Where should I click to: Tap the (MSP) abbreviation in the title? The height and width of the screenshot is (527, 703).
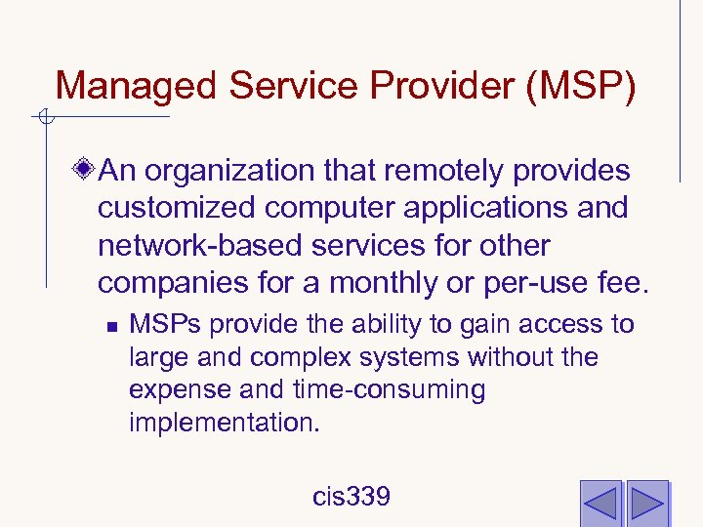pyautogui.click(x=581, y=86)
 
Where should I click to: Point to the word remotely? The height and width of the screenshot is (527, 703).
pyautogui.click(x=445, y=172)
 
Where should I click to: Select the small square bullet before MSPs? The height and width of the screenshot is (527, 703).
pyautogui.click(x=113, y=325)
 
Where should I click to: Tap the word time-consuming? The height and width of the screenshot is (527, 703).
pyautogui.click(x=389, y=390)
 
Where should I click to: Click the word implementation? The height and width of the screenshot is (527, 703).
pyautogui.click(x=224, y=424)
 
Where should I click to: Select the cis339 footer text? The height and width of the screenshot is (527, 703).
pyautogui.click(x=351, y=497)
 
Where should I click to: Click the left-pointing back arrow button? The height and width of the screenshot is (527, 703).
pyautogui.click(x=600, y=502)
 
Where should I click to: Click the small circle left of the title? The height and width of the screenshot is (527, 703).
pyautogui.click(x=44, y=119)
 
